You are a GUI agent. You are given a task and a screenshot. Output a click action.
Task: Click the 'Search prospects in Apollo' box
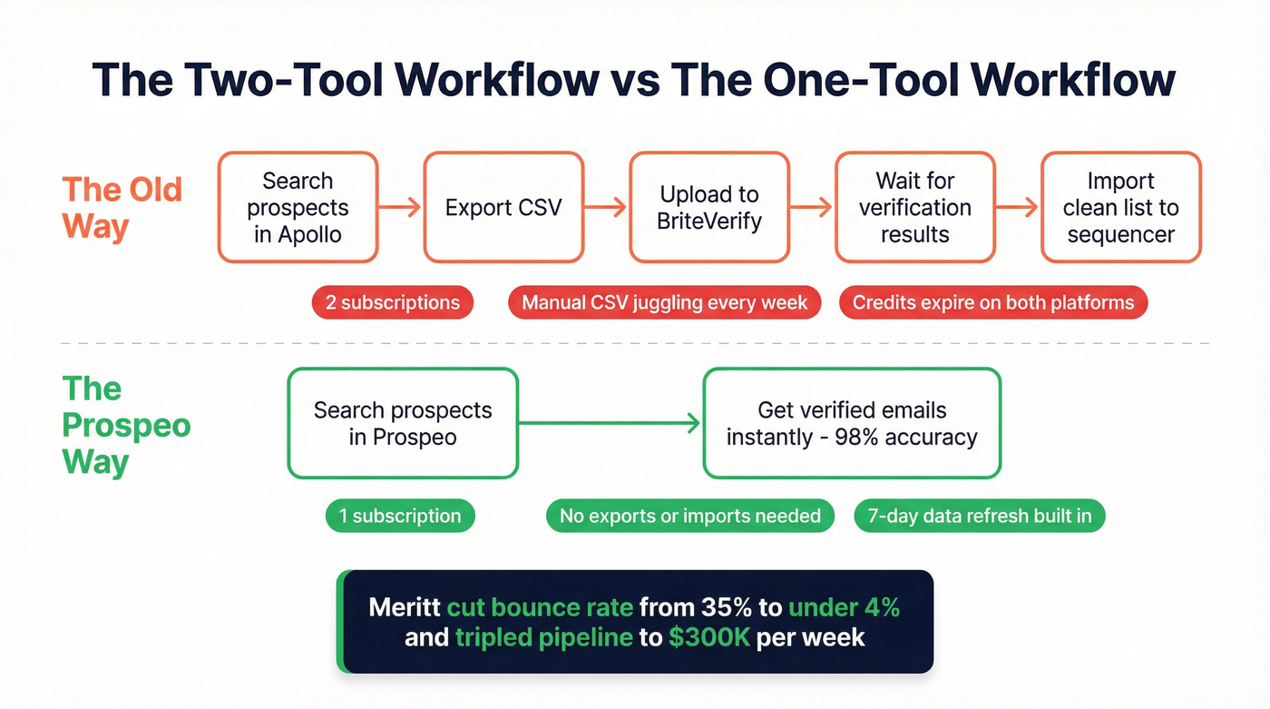click(x=298, y=208)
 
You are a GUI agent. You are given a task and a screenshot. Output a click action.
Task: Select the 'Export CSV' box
click(x=503, y=208)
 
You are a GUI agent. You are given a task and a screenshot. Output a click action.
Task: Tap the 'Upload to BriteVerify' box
click(x=709, y=208)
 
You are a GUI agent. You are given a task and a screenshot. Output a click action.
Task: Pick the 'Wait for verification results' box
click(x=914, y=208)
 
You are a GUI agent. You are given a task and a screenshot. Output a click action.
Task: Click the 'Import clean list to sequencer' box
click(x=1120, y=208)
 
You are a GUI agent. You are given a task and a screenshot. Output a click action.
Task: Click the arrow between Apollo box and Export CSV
click(x=400, y=208)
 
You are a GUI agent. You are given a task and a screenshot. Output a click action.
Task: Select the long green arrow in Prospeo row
click(x=610, y=423)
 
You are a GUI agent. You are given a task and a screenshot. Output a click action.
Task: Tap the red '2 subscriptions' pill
click(x=393, y=302)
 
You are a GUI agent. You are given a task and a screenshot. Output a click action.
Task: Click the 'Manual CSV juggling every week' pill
click(x=664, y=302)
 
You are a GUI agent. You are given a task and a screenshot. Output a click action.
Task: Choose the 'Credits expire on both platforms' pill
click(x=993, y=302)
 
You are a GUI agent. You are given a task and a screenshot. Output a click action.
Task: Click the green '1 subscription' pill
click(x=400, y=517)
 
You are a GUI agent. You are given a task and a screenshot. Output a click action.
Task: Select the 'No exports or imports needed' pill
click(x=689, y=517)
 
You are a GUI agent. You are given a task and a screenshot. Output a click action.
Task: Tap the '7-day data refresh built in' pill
click(x=980, y=517)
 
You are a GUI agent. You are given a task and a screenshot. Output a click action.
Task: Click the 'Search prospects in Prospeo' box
click(x=403, y=423)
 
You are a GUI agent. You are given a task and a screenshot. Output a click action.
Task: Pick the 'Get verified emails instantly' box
click(x=852, y=423)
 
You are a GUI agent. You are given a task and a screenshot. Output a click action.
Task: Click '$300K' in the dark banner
click(x=708, y=637)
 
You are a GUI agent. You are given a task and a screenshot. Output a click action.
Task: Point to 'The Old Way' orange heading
click(x=122, y=208)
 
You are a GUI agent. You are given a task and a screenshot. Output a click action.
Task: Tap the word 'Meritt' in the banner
click(x=404, y=607)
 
